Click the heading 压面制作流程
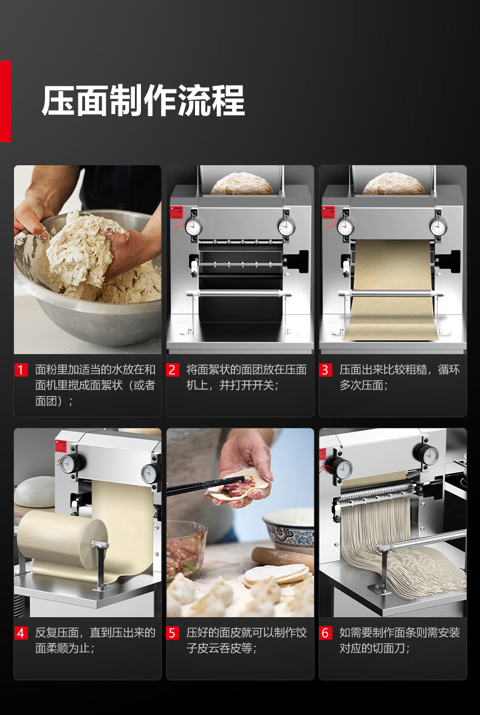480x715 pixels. pyautogui.click(x=143, y=101)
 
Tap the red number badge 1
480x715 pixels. pyautogui.click(x=21, y=370)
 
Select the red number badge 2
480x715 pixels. pyautogui.click(x=173, y=370)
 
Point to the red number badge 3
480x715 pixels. pyautogui.click(x=325, y=370)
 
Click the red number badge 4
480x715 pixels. pyautogui.click(x=21, y=633)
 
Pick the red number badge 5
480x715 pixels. pyautogui.click(x=173, y=633)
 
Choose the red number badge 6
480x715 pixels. pyautogui.click(x=325, y=633)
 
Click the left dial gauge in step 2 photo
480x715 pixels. pyautogui.click(x=194, y=226)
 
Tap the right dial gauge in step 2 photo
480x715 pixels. pyautogui.click(x=287, y=227)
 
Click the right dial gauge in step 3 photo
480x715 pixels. pyautogui.click(x=438, y=227)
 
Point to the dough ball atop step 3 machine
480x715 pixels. pyautogui.click(x=393, y=183)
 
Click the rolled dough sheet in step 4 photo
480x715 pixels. pyautogui.click(x=62, y=539)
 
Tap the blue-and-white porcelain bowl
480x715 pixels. pyautogui.click(x=289, y=530)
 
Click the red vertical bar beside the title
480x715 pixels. pyautogui.click(x=5, y=101)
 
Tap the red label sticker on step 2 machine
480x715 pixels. pyautogui.click(x=176, y=213)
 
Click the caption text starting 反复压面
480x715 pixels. pyautogui.click(x=95, y=641)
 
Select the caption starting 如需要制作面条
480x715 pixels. pyautogui.click(x=399, y=641)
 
